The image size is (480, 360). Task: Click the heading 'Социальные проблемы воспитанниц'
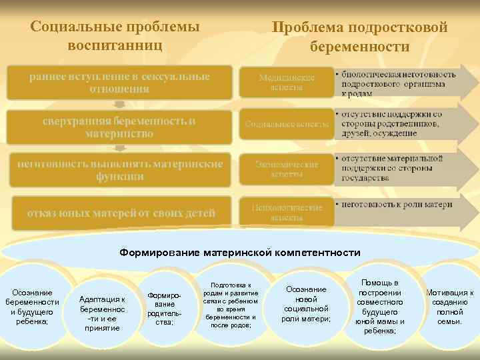pyautogui.click(x=115, y=37)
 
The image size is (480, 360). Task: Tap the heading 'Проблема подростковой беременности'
pyautogui.click(x=359, y=37)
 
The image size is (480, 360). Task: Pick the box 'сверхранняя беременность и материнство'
pyautogui.click(x=119, y=127)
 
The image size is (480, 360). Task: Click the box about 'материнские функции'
pyautogui.click(x=119, y=169)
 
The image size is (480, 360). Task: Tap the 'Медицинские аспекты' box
pyautogui.click(x=286, y=83)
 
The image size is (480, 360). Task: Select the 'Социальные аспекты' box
pyautogui.click(x=286, y=125)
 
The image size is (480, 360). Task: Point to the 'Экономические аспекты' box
pyautogui.click(x=286, y=169)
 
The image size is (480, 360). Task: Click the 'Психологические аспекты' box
pyautogui.click(x=286, y=212)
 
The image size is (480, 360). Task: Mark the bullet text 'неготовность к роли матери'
pyautogui.click(x=397, y=204)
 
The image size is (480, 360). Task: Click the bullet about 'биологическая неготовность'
pyautogui.click(x=398, y=83)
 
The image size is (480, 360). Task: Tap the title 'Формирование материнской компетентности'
pyautogui.click(x=240, y=253)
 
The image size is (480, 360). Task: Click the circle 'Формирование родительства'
pyautogui.click(x=164, y=308)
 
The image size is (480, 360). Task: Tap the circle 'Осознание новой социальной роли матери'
pyautogui.click(x=306, y=304)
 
